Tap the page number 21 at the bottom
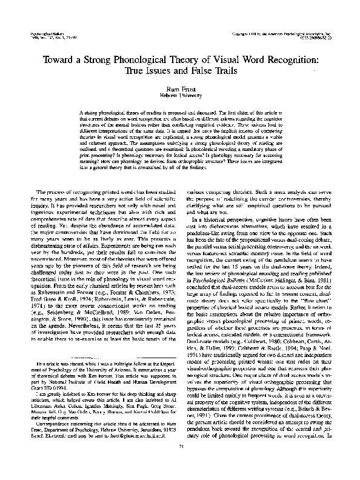pyautogui.click(x=179, y=464)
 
